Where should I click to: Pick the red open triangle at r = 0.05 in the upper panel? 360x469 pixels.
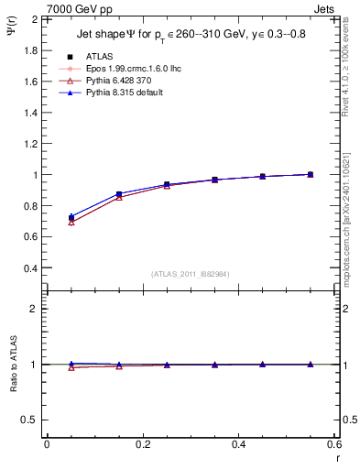[x=71, y=223]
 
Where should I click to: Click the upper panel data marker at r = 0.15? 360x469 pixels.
[x=119, y=194]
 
